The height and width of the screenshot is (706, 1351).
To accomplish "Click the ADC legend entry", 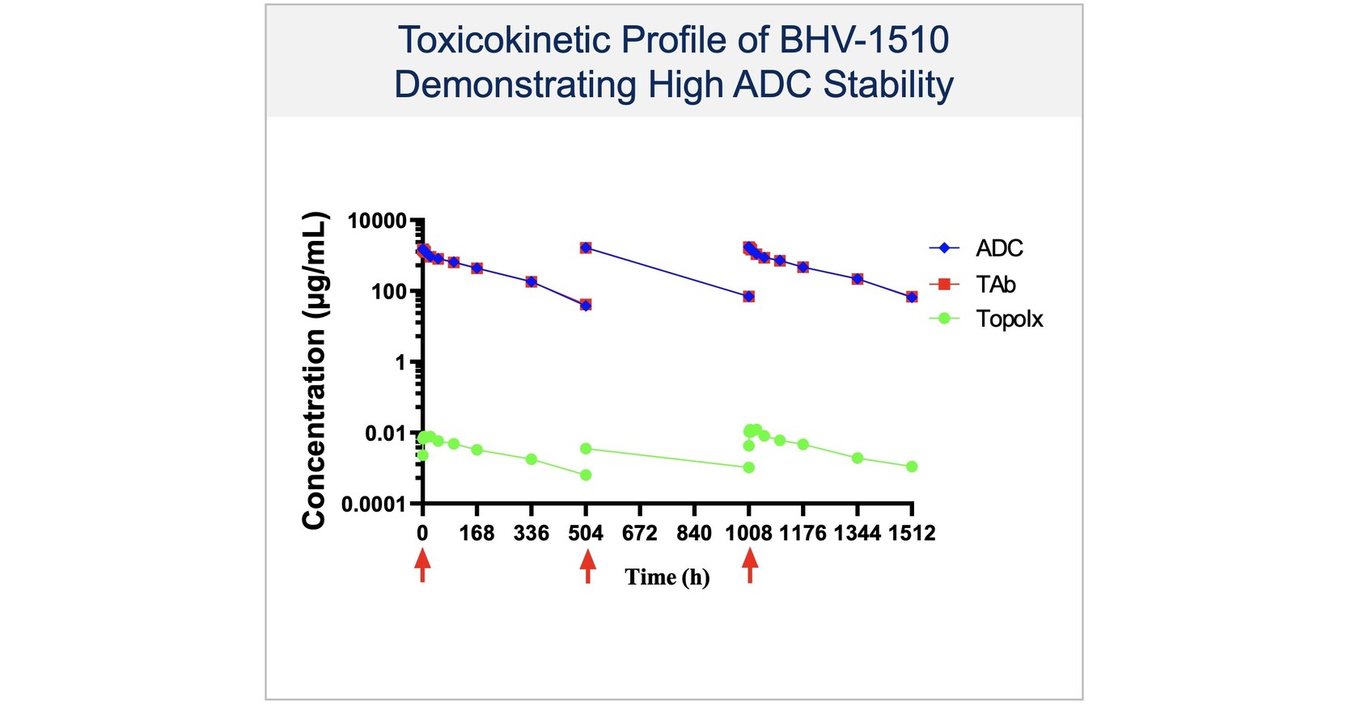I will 998,248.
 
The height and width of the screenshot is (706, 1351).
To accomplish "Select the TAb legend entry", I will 995,284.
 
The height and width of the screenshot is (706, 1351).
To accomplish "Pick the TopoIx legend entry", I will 1009,319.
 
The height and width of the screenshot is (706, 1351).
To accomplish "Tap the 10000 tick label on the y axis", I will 376,221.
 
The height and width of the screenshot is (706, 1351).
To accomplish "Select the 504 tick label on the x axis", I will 586,534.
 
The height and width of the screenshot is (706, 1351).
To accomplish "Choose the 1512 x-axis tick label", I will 912,534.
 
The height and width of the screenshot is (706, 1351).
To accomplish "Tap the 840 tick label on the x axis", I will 694,534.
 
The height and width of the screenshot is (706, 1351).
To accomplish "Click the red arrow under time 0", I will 422,564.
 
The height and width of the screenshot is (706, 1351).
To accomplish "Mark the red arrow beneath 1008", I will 750,564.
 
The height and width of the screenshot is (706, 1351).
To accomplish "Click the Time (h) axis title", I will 667,577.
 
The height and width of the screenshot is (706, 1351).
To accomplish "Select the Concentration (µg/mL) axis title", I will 314,370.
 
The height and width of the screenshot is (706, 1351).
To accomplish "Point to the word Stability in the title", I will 888,85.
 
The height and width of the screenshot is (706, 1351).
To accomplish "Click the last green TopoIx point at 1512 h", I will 912,467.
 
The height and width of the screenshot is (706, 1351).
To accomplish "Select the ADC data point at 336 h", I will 532,281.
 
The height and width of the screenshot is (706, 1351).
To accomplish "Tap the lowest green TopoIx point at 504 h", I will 586,475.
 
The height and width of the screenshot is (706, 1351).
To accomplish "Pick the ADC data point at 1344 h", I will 858,279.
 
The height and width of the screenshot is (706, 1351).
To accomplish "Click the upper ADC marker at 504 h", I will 586,247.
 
